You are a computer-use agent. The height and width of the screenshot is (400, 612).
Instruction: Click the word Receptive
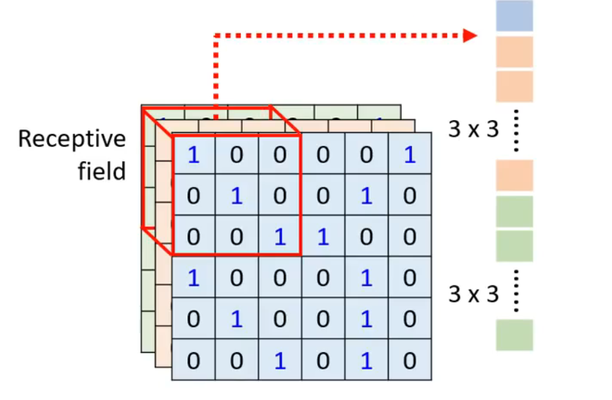72,139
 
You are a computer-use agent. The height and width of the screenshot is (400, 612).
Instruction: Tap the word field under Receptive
102,172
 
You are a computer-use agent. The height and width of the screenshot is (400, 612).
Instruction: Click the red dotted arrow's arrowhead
469,35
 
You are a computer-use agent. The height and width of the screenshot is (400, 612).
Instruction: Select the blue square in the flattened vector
515,16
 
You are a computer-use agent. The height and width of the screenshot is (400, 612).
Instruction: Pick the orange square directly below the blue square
515,52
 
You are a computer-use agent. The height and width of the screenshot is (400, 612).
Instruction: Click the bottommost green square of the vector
515,335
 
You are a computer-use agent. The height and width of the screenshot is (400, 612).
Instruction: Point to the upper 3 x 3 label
474,130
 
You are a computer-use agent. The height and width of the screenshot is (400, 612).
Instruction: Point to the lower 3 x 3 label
474,294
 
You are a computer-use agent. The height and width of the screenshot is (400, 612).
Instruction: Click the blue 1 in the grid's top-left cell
193,155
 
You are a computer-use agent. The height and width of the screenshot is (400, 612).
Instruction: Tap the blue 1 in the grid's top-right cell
409,155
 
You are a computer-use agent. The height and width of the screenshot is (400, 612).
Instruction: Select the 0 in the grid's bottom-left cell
193,361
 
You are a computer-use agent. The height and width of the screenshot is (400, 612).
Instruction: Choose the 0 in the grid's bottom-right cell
409,361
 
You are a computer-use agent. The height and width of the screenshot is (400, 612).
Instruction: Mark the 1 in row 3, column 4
323,237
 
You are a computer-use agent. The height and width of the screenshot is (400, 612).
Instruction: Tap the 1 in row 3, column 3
280,237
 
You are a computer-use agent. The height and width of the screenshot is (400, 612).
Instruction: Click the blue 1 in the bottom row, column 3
280,361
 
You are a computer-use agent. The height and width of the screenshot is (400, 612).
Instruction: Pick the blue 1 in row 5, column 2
236,319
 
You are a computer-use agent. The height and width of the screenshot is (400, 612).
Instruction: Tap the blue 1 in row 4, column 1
193,278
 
